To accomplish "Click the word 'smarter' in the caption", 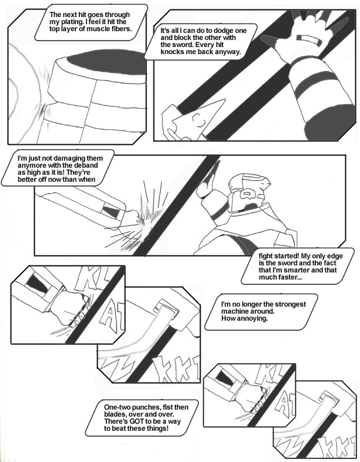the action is coord(300,270).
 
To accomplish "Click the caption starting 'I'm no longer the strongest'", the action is coord(261,311).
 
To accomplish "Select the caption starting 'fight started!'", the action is coord(298,267).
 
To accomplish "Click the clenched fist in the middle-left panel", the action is coord(71,308).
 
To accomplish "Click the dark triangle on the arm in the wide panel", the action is coord(111,211).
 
